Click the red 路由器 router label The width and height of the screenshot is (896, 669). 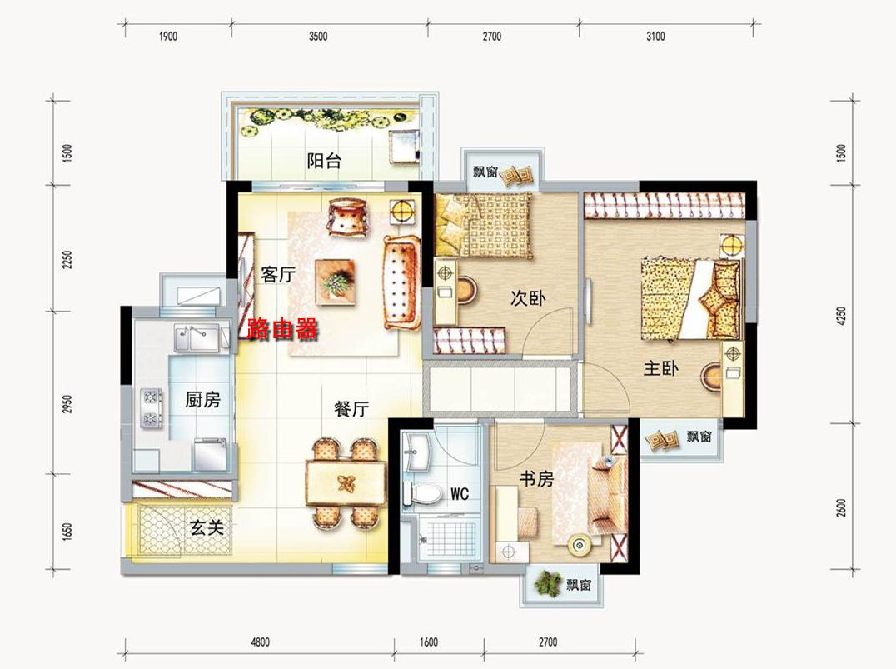(282, 329)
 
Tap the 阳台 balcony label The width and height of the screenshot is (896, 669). (324, 161)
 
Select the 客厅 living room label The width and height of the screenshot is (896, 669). (278, 274)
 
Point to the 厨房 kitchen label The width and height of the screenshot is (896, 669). (202, 399)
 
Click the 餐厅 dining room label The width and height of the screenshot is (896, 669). (351, 409)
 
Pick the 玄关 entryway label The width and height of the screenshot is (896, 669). (207, 527)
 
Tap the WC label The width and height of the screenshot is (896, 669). (460, 493)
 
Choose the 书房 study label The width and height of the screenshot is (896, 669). (536, 478)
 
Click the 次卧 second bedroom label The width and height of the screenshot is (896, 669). (528, 298)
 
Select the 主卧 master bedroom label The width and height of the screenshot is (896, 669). (661, 368)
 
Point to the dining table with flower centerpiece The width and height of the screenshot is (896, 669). (346, 484)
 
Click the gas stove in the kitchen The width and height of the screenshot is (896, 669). (152, 407)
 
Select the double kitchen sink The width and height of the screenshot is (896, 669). (197, 338)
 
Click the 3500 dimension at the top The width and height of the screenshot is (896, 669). (318, 37)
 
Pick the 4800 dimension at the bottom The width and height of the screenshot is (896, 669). (260, 642)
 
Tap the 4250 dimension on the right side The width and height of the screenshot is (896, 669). (840, 317)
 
